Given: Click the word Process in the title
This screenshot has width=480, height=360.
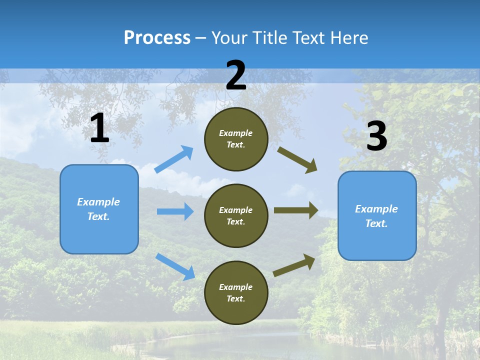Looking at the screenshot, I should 157,38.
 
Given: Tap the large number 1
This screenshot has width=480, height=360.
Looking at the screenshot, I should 99,128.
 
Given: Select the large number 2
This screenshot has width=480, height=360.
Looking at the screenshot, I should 236,76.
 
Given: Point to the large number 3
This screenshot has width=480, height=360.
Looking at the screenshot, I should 376,136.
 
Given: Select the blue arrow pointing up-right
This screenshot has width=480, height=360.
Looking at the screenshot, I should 174,159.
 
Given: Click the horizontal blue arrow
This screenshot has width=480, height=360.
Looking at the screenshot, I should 175,211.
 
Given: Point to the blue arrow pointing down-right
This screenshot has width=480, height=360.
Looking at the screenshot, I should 175,266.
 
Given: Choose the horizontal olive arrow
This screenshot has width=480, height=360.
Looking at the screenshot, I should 296,210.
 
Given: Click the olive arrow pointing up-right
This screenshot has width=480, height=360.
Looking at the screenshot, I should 294,265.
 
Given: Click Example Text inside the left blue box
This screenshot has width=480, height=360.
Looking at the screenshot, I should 98,209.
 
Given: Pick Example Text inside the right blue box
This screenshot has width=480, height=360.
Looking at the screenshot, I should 376,216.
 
